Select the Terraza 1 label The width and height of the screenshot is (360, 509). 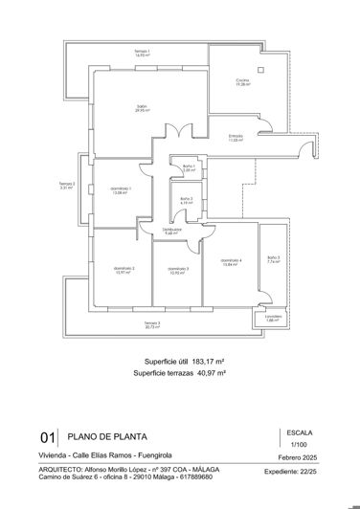pos(142,53)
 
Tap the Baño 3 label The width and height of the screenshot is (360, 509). pos(273,258)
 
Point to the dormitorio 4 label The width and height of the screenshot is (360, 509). pos(231,261)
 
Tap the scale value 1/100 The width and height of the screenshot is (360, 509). pos(299,445)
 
